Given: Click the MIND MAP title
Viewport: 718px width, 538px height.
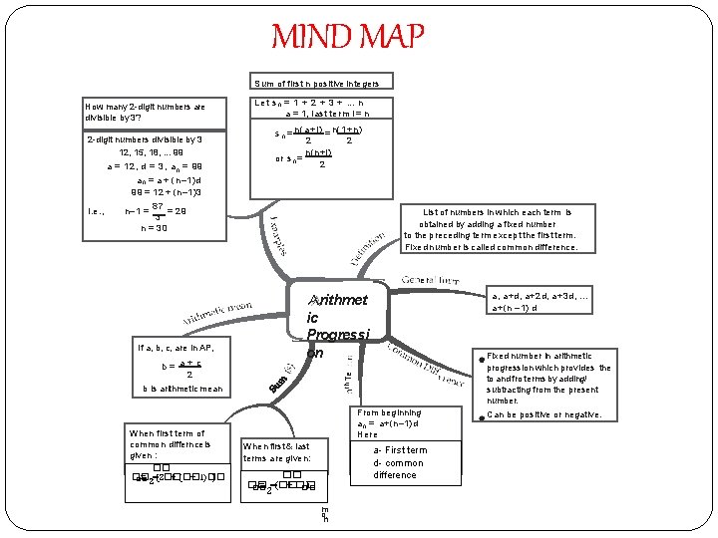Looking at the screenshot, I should point(348,37).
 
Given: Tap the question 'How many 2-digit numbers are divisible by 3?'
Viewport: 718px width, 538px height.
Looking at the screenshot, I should point(146,112).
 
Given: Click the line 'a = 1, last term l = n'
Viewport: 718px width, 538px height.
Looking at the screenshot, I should point(323,114).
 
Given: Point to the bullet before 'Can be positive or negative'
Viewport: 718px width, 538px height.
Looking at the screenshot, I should point(480,415).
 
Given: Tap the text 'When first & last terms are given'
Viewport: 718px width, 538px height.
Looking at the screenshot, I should point(277,452).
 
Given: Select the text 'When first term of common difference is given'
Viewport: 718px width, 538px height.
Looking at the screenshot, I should point(168,445).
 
